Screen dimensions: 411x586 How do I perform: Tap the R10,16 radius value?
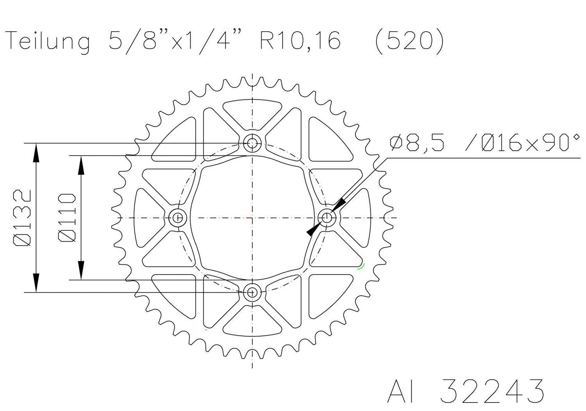(300, 40)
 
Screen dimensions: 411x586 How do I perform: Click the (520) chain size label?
(409, 40)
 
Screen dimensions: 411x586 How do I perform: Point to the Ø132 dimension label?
(23, 218)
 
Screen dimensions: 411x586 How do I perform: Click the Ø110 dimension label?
(67, 218)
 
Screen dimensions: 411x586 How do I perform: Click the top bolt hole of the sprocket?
(252, 143)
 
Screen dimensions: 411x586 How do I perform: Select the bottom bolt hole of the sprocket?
(252, 292)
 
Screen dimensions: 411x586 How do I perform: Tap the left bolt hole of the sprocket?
(179, 217)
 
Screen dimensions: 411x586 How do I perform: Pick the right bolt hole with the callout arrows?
(327, 217)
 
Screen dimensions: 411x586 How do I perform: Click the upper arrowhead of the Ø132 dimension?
(36, 153)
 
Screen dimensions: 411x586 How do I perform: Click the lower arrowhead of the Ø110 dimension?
(81, 271)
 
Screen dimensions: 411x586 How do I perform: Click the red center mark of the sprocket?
(250, 217)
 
